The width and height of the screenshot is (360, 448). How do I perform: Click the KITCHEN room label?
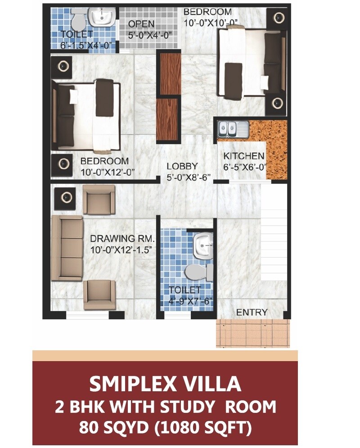[x=244, y=156]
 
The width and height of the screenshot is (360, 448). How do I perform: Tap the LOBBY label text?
[x=182, y=166]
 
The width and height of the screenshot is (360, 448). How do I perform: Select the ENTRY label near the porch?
[x=252, y=312]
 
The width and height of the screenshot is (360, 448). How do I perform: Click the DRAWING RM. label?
[x=122, y=239]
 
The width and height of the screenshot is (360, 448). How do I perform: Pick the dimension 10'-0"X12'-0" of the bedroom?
[x=108, y=172]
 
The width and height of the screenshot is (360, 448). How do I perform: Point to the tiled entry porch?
[x=251, y=334]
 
